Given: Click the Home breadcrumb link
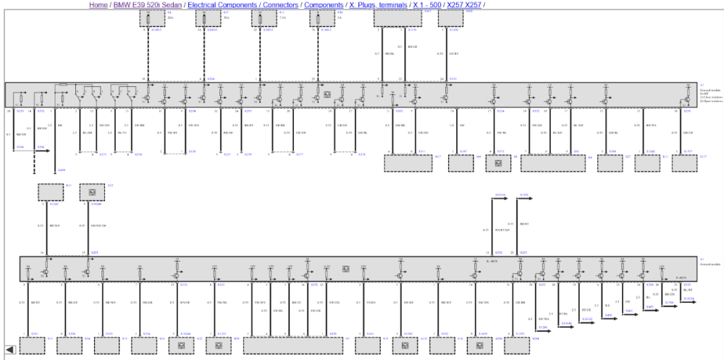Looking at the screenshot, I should point(98,4).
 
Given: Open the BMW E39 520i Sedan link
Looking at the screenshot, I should point(147,4).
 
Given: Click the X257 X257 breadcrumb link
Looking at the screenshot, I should point(463,4).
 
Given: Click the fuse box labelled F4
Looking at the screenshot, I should point(151,17).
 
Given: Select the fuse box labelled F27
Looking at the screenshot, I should point(208,17).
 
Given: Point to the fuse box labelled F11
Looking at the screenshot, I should point(264,17).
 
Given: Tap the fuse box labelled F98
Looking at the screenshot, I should point(321,17).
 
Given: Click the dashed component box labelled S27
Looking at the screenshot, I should point(609,162).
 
